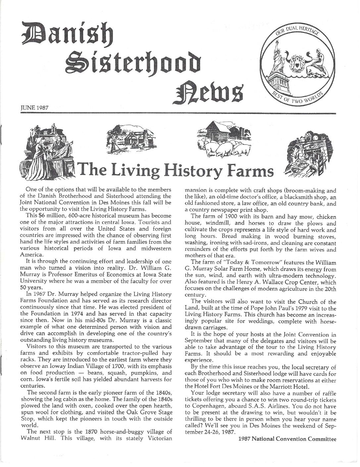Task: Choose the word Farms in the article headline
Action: pos(252,170)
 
